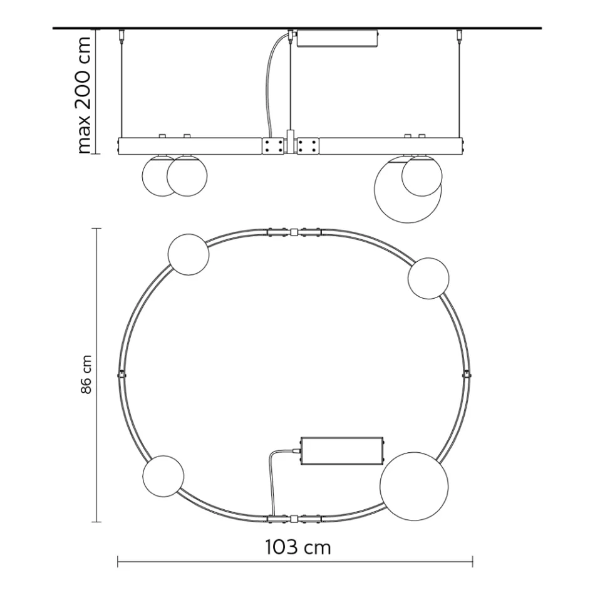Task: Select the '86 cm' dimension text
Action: [87, 375]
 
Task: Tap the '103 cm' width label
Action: [297, 547]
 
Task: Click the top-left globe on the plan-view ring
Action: [188, 254]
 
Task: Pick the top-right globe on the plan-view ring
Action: [428, 278]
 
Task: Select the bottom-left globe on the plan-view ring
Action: [163, 475]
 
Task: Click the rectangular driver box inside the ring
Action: [341, 451]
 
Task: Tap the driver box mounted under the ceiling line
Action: [338, 38]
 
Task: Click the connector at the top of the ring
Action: [293, 232]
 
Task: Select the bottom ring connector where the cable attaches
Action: [293, 519]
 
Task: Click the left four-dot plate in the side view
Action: [272, 147]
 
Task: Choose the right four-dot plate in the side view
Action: [308, 147]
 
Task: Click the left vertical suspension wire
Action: [121, 88]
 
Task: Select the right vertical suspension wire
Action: [462, 88]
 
